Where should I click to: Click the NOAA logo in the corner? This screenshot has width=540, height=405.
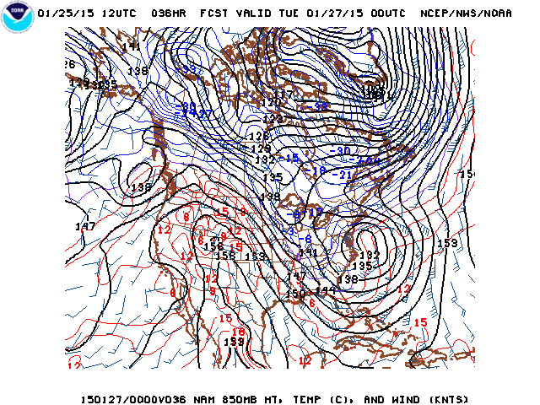[15, 18]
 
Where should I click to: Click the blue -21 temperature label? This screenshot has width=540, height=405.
[344, 175]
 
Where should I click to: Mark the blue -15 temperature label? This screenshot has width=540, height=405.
[291, 158]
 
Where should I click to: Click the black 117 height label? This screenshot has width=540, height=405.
[287, 94]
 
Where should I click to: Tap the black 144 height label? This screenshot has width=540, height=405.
[326, 290]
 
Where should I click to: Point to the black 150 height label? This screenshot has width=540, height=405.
[294, 294]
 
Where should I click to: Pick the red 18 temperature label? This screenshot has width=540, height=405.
[239, 332]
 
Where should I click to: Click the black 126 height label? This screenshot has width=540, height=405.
[258, 136]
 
